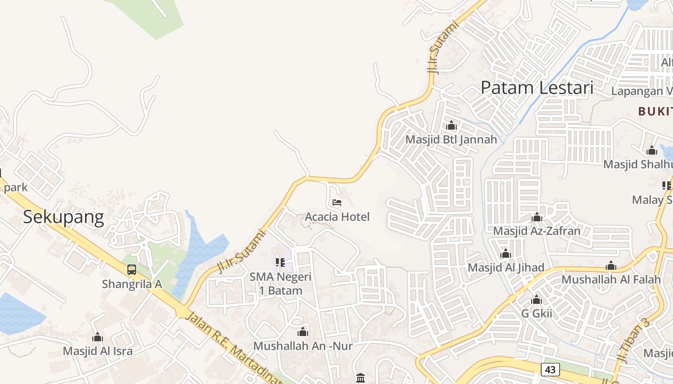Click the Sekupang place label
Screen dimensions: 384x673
[63, 217]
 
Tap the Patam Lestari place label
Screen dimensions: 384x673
[537, 88]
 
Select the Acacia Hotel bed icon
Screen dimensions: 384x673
[337, 203]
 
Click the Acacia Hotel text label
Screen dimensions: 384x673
[337, 216]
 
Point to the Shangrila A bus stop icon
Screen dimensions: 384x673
[132, 270]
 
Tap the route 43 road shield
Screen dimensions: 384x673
[550, 369]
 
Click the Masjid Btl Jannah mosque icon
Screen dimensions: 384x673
[451, 126]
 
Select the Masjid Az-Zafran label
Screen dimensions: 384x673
[536, 231]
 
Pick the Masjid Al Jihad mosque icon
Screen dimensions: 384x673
[506, 254]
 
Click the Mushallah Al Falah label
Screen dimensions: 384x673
[611, 279]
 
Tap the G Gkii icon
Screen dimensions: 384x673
[536, 300]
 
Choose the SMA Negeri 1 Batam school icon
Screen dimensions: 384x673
[280, 263]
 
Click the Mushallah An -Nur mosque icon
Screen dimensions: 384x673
[303, 332]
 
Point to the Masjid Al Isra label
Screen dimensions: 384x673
[98, 351]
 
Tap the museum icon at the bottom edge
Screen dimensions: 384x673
[361, 378]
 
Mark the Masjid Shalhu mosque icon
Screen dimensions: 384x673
[652, 151]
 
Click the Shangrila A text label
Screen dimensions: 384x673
[132, 284]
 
